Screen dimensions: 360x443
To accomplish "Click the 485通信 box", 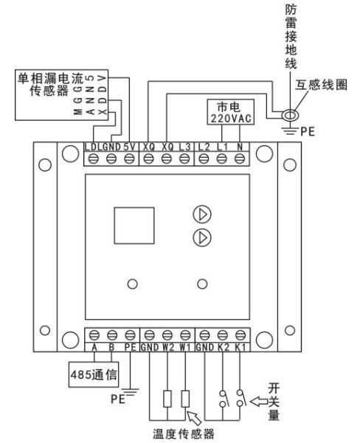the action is click(94, 374).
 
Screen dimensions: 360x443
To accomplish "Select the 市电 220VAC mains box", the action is click(230, 112).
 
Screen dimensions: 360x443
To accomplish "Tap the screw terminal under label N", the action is click(240, 158).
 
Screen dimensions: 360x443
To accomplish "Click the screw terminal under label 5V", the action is click(129, 158).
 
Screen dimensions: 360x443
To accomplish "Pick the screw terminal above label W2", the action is click(167, 335).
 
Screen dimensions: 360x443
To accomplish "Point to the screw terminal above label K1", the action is click(240, 335).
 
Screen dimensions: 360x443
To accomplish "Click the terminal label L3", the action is click(185, 147).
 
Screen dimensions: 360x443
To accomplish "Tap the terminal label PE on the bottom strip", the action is click(131, 347).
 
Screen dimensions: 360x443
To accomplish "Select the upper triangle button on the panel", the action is click(202, 214).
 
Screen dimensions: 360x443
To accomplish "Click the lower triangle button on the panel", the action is click(202, 237).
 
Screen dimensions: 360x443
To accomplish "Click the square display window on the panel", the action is click(134, 226).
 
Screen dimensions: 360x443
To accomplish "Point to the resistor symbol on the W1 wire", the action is click(185, 399).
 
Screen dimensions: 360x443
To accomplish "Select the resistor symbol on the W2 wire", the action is click(167, 399).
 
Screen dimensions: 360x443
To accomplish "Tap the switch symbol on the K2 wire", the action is click(224, 398).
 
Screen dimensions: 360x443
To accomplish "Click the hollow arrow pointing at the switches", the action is click(259, 401).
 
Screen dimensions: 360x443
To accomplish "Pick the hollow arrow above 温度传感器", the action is click(194, 418).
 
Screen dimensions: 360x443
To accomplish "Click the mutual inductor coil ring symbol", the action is click(290, 115).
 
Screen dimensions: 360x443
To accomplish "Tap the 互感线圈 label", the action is click(321, 85).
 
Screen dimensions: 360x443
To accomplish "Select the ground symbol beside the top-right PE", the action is click(290, 130).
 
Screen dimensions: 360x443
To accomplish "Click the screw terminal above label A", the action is click(94, 335).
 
